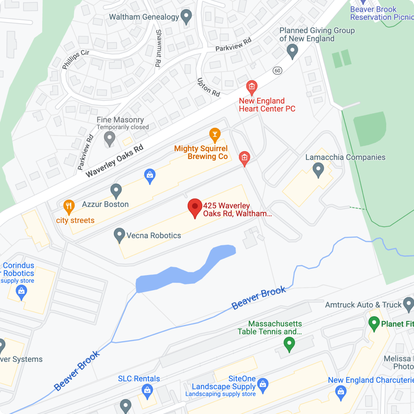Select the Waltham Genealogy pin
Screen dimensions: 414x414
(x=186, y=16)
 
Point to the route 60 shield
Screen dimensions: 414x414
(x=277, y=70)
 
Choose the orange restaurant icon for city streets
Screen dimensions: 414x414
(x=68, y=207)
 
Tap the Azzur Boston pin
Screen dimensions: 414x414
(x=116, y=190)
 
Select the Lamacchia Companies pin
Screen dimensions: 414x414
(x=318, y=170)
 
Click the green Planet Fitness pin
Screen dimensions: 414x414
(x=374, y=324)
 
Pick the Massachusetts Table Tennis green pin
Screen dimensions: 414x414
(x=289, y=344)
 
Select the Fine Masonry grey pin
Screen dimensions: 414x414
(x=110, y=139)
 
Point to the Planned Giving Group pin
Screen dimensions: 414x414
(x=292, y=51)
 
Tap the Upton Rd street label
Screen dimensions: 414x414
(x=209, y=87)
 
